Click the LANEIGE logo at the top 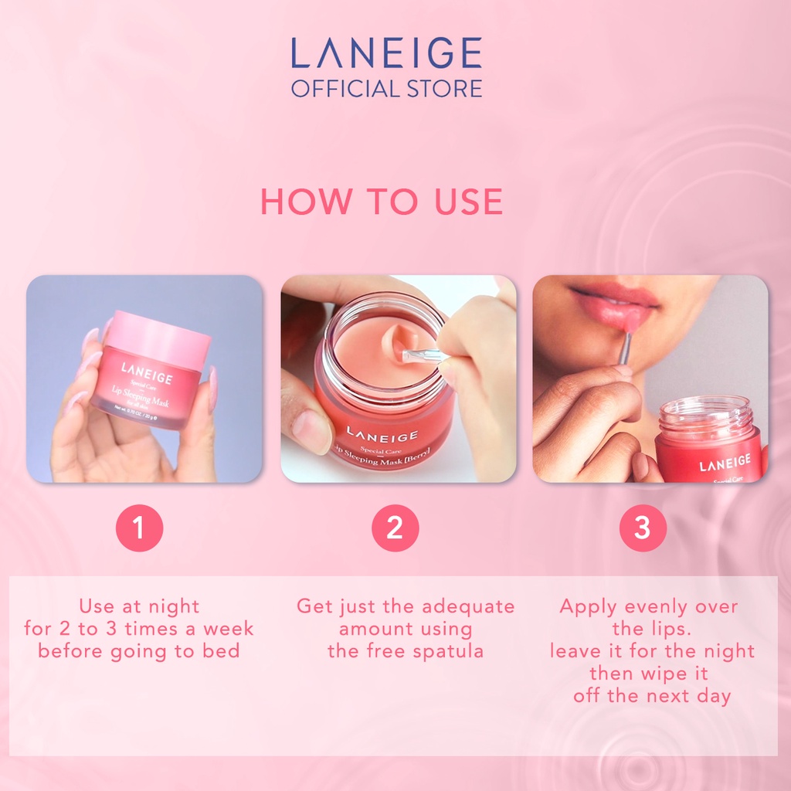tap(386, 54)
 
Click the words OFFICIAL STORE tap(386, 87)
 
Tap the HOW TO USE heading tap(382, 202)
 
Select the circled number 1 tap(139, 528)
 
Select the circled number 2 tap(395, 528)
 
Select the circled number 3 tap(642, 528)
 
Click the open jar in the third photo tap(707, 440)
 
